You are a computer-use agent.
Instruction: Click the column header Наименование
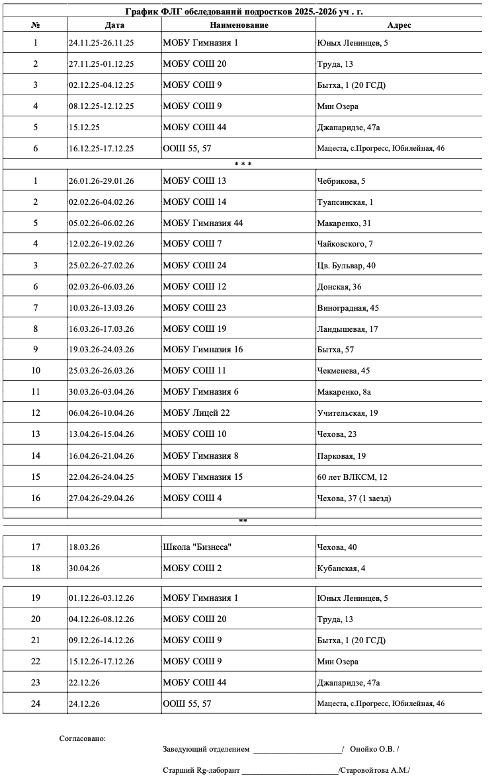pos(239,25)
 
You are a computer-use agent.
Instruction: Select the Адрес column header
pos(399,25)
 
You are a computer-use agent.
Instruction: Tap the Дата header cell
pos(114,25)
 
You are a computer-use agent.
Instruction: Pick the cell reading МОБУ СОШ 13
pos(194,181)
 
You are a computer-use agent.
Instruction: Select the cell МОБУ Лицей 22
pos(196,413)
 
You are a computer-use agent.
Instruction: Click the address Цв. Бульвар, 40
pos(347,266)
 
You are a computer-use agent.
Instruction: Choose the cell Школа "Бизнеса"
pos(197,547)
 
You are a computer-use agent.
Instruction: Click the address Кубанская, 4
pos(341,568)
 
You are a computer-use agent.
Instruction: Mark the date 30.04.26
pos(84,568)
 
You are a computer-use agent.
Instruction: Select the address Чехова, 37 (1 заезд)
pos(354,498)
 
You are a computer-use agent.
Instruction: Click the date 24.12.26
pos(84,704)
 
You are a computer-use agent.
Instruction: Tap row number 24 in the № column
pos(36,704)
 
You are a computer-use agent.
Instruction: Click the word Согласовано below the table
pos(82,738)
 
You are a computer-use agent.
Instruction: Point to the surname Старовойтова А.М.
pos(374,771)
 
